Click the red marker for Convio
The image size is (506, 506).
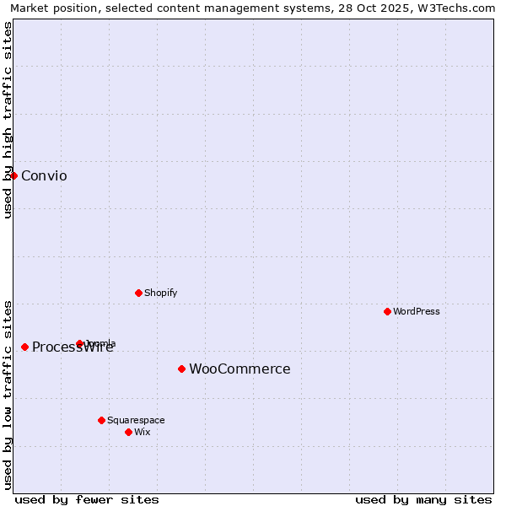pos(14,175)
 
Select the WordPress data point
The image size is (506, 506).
pos(387,311)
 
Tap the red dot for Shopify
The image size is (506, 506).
pos(138,293)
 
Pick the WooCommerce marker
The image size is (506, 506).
pos(181,369)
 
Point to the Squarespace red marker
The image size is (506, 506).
pos(101,420)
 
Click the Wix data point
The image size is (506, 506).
pos(128,432)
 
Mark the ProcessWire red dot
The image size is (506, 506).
pos(25,347)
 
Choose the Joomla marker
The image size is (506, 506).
pos(80,343)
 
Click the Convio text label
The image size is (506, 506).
pos(44,175)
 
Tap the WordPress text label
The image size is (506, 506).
pos(417,311)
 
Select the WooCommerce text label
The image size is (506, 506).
pos(240,369)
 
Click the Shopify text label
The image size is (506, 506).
pos(160,293)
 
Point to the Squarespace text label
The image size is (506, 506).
pos(136,420)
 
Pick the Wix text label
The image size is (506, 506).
pos(143,432)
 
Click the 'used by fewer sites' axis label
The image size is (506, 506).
pos(87,499)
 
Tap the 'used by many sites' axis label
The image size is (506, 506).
pos(423,499)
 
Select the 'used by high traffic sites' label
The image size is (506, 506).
pos(8,120)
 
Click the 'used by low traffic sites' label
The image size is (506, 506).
pos(8,394)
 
